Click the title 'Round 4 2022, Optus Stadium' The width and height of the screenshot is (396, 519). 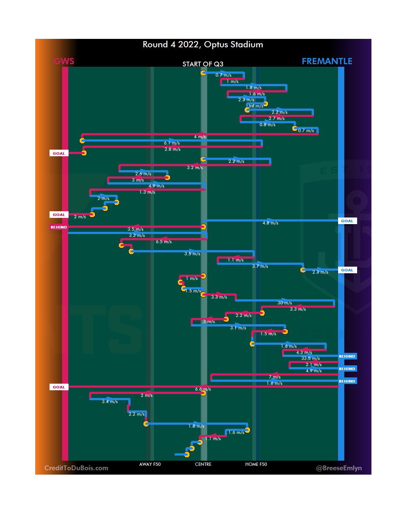[203, 45]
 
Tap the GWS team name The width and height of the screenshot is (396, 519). [64, 61]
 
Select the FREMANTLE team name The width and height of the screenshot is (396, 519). [327, 61]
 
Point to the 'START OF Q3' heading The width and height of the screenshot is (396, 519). [203, 64]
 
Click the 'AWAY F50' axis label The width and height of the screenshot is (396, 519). [150, 464]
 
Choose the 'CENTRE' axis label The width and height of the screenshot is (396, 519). [203, 464]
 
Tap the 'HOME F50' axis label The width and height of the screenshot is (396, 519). [256, 464]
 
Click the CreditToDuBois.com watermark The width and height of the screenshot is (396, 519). [76, 468]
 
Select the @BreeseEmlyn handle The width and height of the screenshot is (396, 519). [339, 468]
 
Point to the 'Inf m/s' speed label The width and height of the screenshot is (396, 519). [256, 106]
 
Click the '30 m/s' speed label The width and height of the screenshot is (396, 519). [285, 303]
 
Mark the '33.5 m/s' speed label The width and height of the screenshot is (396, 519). [311, 358]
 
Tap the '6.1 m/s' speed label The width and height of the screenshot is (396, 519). [172, 143]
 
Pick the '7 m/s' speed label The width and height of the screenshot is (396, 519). [275, 377]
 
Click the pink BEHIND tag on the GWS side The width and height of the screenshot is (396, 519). [59, 227]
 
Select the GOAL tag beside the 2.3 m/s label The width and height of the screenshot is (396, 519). [347, 270]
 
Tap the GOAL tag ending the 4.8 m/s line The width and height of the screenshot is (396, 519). [347, 221]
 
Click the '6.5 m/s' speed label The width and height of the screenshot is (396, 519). [164, 242]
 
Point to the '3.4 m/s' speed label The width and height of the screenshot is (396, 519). [110, 402]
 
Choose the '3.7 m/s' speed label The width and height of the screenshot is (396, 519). [260, 266]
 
